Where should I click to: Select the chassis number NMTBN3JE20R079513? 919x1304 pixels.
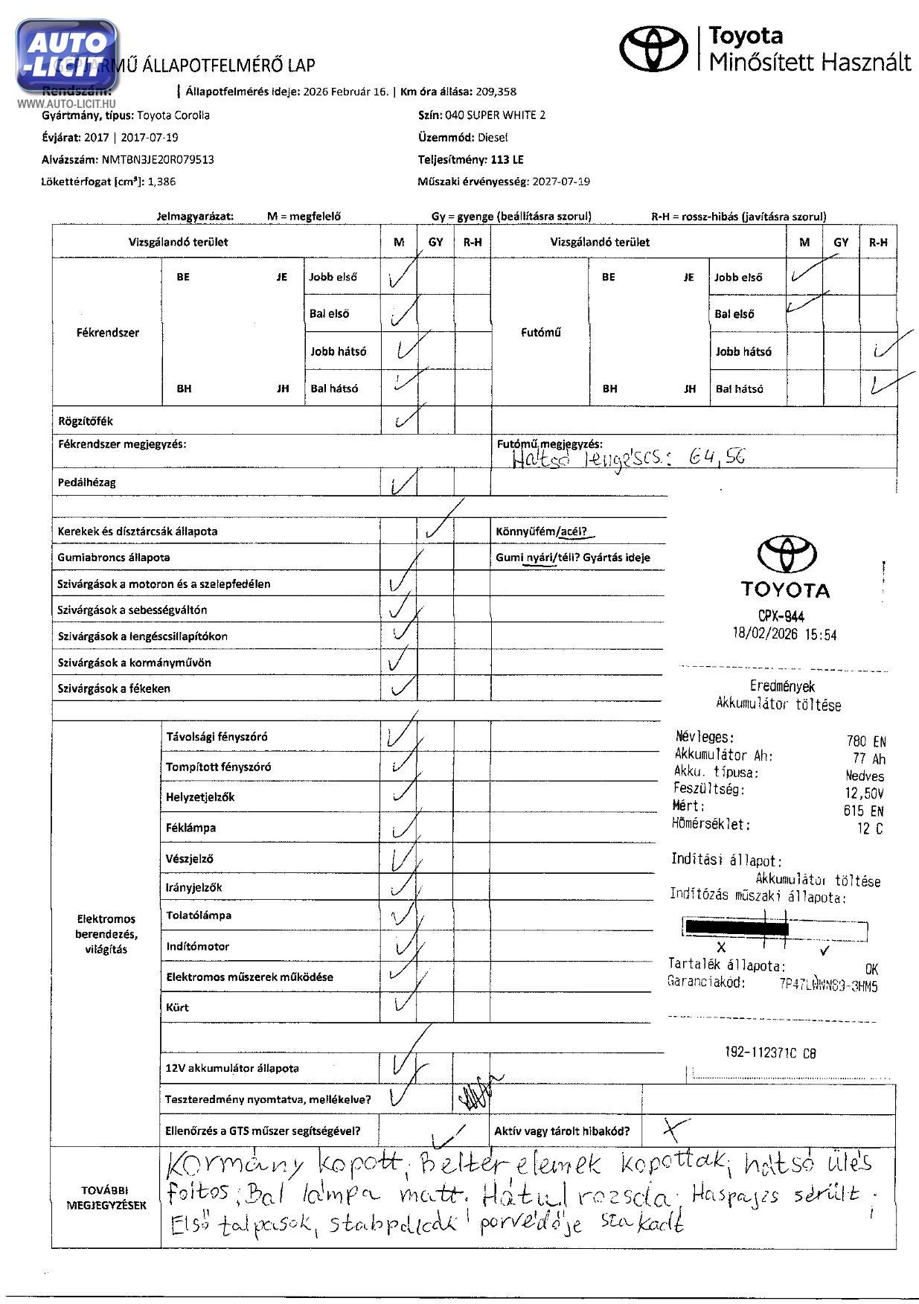tap(158, 159)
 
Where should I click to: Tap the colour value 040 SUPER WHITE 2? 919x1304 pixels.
tap(495, 115)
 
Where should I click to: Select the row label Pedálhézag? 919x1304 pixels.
tap(87, 482)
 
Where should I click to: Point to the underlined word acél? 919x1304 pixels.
tap(573, 531)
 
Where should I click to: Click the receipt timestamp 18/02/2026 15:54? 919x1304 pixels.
tap(784, 634)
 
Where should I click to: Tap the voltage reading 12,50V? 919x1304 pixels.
tap(865, 793)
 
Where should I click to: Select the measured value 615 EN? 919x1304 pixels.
tap(864, 811)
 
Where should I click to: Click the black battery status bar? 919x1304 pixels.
tap(736, 928)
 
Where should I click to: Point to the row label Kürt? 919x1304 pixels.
tap(178, 1007)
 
